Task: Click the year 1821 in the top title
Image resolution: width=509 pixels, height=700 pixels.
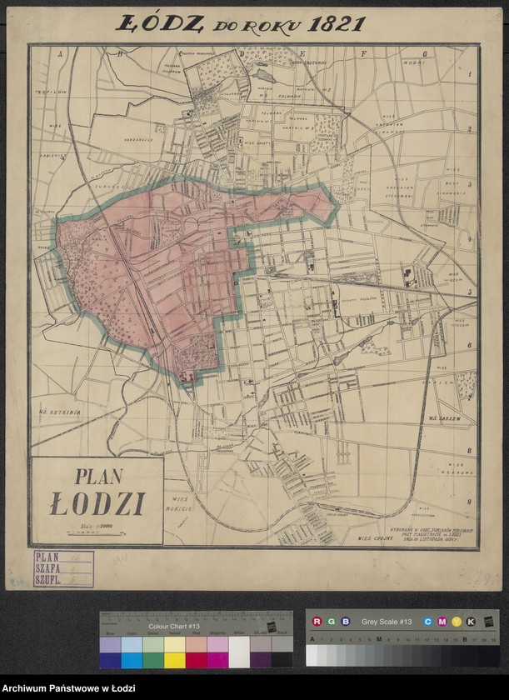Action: (x=336, y=23)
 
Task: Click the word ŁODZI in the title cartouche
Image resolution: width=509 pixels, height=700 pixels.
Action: (x=97, y=504)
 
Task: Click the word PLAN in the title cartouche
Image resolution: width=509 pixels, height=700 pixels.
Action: (x=98, y=477)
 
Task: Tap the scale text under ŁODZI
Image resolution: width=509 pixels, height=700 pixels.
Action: (x=97, y=526)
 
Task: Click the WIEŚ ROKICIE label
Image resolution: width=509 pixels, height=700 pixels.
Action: (x=179, y=502)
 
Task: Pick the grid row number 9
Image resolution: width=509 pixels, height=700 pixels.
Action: (x=469, y=502)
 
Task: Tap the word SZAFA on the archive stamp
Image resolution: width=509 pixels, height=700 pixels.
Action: (x=48, y=567)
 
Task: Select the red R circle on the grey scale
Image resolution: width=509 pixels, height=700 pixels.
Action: (x=317, y=622)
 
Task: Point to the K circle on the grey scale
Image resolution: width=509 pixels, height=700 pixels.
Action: (x=471, y=622)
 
